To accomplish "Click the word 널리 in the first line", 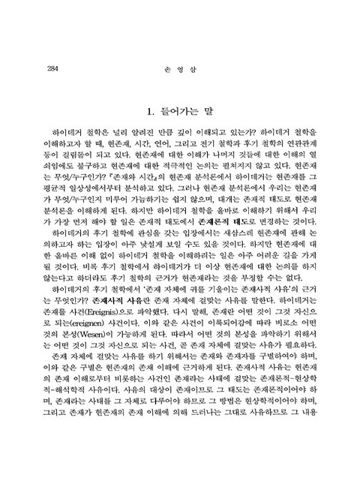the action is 117,132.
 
